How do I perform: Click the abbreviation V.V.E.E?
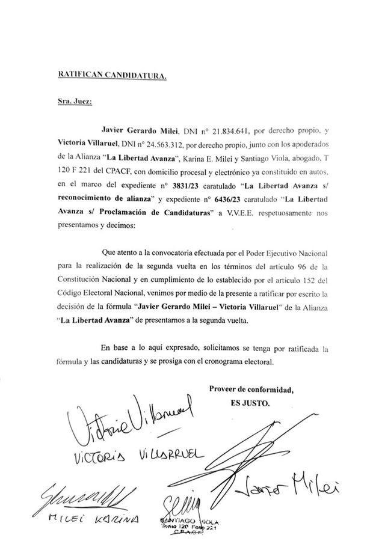click(x=242, y=216)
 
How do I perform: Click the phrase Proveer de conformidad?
click(x=251, y=389)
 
